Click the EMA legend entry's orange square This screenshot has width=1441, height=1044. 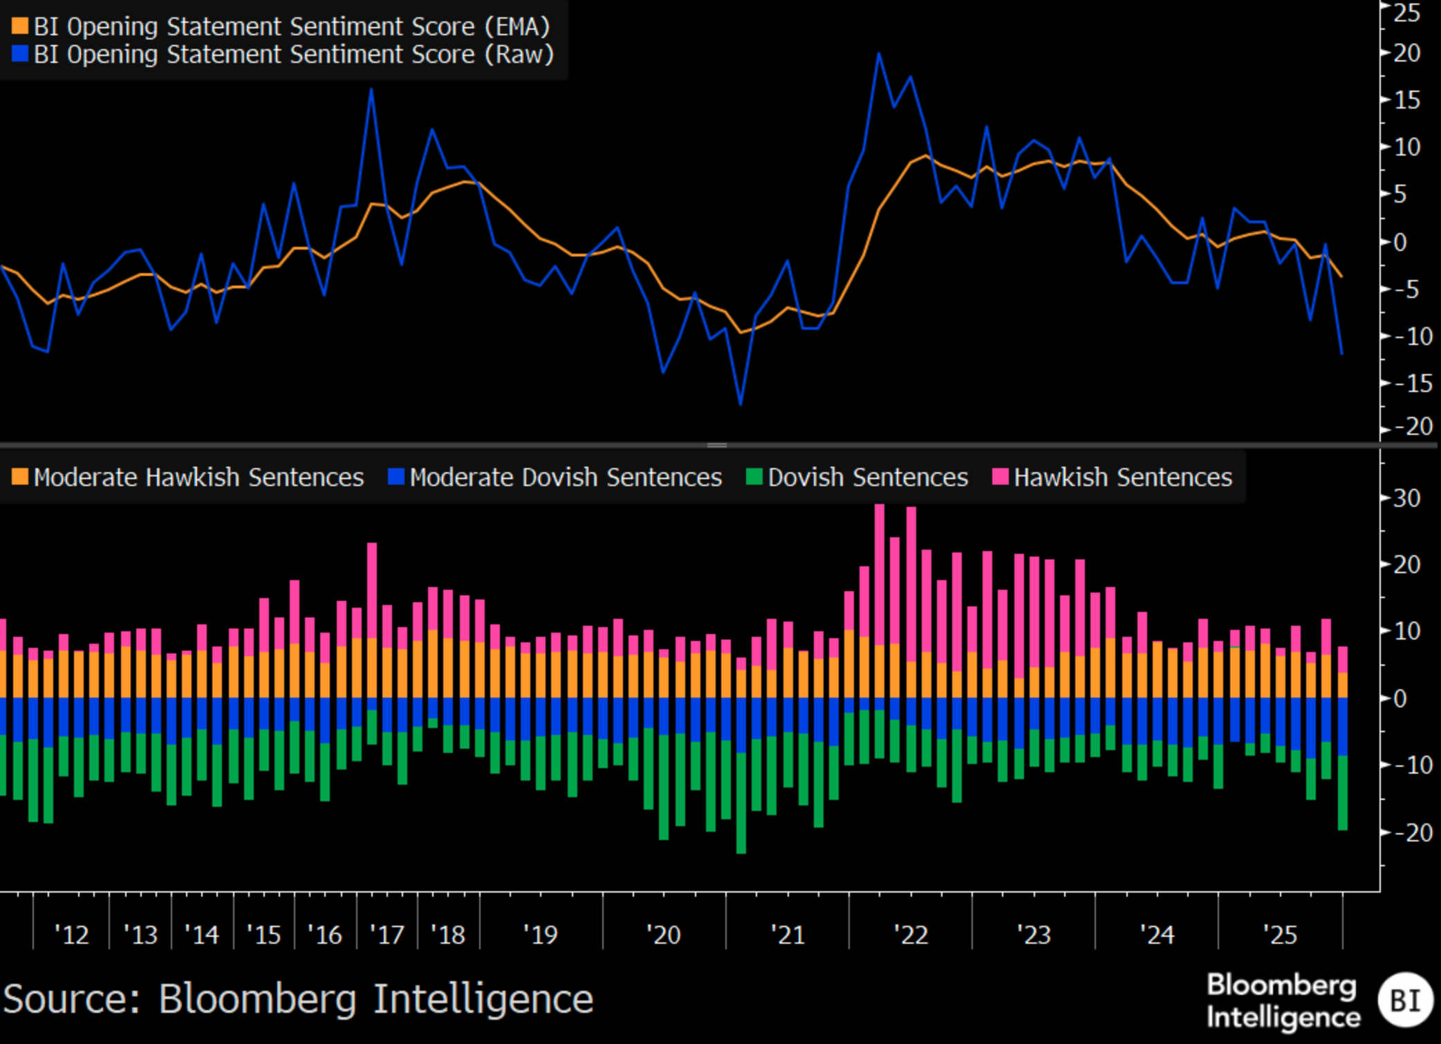pyautogui.click(x=20, y=27)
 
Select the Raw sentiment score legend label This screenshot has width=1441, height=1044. pyautogui.click(x=293, y=55)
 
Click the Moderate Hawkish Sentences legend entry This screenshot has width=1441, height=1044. pyautogui.click(x=198, y=477)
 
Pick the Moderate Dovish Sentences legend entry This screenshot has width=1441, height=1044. pyautogui.click(x=565, y=477)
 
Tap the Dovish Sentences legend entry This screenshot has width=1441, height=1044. pyautogui.click(x=867, y=477)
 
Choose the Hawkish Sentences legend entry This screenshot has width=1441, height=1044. pyautogui.click(x=1122, y=477)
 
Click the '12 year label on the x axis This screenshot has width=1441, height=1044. pyautogui.click(x=72, y=935)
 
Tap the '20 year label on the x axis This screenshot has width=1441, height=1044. pyautogui.click(x=664, y=935)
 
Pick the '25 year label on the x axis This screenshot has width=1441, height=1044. pyautogui.click(x=1280, y=935)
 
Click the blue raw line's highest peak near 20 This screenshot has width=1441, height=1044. pyautogui.click(x=879, y=53)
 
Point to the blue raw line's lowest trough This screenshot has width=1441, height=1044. pyautogui.click(x=741, y=404)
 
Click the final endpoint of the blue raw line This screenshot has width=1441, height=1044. pyautogui.click(x=1342, y=354)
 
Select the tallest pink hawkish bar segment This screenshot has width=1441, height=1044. pyautogui.click(x=880, y=574)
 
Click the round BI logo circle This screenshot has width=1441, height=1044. pyautogui.click(x=1405, y=1000)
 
